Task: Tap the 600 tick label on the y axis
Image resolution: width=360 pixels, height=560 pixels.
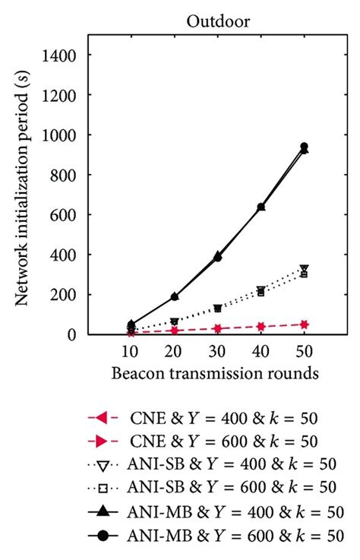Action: pyautogui.click(x=67, y=214)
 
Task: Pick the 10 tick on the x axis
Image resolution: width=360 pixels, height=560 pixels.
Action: pyautogui.click(x=130, y=353)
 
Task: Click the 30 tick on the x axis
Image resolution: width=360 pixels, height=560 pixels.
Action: pyautogui.click(x=217, y=353)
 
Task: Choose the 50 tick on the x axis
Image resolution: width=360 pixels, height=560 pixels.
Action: pyautogui.click(x=304, y=353)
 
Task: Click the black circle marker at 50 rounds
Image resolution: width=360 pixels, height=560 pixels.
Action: pyautogui.click(x=304, y=146)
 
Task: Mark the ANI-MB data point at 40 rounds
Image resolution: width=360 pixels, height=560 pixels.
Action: pyautogui.click(x=261, y=207)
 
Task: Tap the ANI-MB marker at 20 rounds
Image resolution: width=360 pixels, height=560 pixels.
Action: pyautogui.click(x=173, y=296)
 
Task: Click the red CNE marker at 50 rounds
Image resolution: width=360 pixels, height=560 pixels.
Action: pyautogui.click(x=304, y=324)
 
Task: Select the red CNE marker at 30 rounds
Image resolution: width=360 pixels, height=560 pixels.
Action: pyautogui.click(x=217, y=328)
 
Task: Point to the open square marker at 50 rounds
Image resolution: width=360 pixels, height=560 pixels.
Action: pyautogui.click(x=304, y=274)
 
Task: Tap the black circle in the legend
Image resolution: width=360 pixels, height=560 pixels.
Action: pyautogui.click(x=103, y=536)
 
